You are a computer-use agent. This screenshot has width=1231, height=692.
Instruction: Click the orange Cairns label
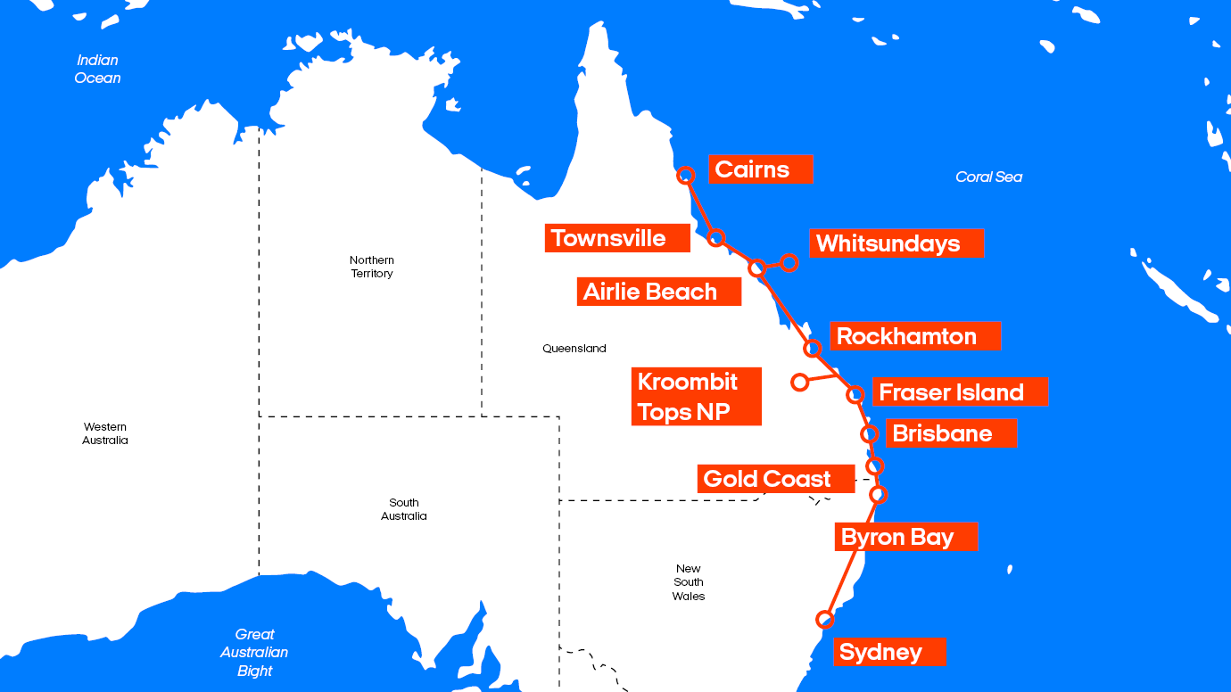click(760, 169)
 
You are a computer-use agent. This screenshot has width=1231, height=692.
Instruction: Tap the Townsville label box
click(617, 238)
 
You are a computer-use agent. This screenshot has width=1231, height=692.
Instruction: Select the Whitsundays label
click(896, 243)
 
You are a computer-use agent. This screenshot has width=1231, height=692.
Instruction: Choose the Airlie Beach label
click(658, 292)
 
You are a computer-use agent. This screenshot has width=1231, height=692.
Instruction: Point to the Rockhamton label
click(915, 336)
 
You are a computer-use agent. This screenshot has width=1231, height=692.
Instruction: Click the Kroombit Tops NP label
click(696, 396)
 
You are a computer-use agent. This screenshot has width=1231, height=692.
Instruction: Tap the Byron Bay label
click(906, 537)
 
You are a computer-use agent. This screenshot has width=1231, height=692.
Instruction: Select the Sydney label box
click(889, 652)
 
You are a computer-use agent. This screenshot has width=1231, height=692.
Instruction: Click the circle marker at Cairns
click(686, 175)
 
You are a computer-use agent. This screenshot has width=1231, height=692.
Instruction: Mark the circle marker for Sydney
click(825, 619)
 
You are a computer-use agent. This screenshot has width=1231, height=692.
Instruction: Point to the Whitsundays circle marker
click(789, 262)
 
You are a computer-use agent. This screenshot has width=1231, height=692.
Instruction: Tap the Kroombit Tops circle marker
click(799, 382)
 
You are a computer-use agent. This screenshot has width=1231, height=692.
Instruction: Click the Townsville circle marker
click(715, 237)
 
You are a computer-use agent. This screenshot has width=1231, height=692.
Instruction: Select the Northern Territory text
click(372, 267)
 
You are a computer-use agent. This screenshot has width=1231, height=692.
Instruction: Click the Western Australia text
click(105, 433)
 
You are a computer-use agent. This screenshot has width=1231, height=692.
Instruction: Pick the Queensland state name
click(574, 349)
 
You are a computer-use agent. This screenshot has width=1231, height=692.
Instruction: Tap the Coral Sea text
click(988, 177)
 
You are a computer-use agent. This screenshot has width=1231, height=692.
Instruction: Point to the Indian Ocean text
click(97, 69)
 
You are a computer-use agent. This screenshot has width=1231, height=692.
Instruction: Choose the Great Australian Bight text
click(254, 653)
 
